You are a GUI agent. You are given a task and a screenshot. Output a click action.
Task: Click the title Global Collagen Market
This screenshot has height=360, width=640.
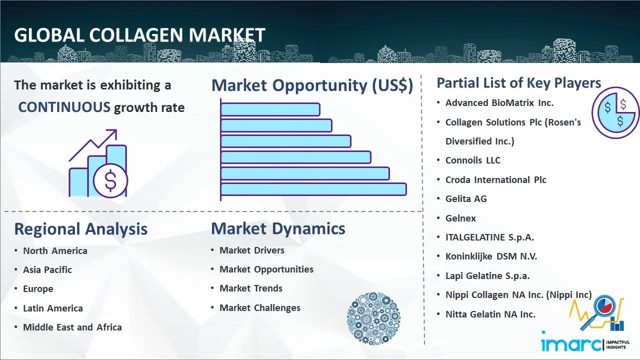(x=139, y=35)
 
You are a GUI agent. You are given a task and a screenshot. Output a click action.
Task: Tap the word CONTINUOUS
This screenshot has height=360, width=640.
(x=64, y=107)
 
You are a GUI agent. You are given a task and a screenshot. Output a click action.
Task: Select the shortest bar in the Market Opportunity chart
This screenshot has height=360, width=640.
(x=270, y=109)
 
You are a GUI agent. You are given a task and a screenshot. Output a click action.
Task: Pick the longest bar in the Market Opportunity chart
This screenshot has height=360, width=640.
(x=313, y=189)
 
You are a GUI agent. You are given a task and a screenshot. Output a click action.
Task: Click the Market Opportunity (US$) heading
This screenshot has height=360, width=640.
(x=312, y=85)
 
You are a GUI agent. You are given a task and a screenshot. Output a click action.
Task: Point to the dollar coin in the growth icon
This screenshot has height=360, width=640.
(x=110, y=180)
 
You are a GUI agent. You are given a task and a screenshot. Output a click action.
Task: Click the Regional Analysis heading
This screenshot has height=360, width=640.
(x=80, y=229)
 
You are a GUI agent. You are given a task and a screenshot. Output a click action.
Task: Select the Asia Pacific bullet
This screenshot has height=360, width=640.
(x=47, y=269)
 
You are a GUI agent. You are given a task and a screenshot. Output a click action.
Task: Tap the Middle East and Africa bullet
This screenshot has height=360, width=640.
(x=72, y=327)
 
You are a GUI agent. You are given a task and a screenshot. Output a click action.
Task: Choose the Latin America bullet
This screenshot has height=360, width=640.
(x=53, y=308)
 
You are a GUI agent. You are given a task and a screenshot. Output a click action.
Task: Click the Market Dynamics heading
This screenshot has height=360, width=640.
(x=278, y=228)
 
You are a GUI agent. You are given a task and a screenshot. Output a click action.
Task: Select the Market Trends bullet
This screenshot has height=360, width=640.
(x=251, y=288)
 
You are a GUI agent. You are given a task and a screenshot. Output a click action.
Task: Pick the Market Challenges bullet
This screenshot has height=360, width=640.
(x=260, y=308)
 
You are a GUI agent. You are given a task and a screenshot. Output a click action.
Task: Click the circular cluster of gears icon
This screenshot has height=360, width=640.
(x=373, y=318)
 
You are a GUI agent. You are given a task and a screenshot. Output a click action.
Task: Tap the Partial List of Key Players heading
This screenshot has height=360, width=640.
(x=518, y=83)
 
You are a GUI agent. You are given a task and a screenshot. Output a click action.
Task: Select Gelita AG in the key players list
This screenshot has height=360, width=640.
(x=466, y=198)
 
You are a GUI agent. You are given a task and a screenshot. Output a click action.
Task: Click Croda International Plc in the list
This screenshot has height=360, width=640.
(x=496, y=179)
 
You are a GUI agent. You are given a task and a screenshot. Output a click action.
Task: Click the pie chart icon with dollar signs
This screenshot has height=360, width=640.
(x=615, y=112)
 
